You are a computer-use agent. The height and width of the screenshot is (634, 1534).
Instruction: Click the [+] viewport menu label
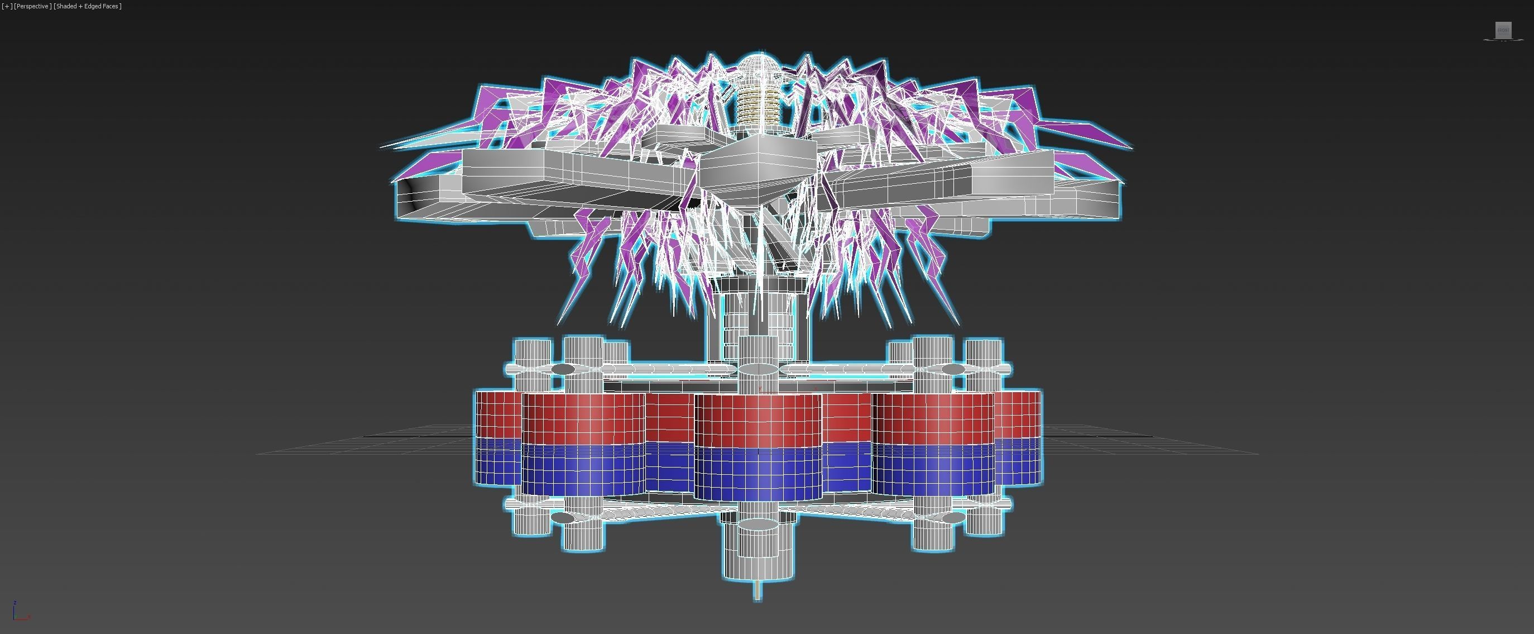pyautogui.click(x=7, y=6)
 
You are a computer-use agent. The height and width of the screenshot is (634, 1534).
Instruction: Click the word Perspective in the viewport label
pyautogui.click(x=32, y=6)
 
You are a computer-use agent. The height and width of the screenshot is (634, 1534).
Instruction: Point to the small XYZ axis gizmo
pyautogui.click(x=18, y=613)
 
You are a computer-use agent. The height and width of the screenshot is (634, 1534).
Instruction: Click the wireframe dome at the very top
pyautogui.click(x=758, y=66)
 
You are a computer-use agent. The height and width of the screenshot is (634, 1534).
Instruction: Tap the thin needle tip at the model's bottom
pyautogui.click(x=758, y=593)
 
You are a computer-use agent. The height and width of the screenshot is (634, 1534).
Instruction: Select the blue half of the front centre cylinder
pyautogui.click(x=758, y=474)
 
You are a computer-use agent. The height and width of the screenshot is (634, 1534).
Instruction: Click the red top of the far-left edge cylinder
pyautogui.click(x=497, y=414)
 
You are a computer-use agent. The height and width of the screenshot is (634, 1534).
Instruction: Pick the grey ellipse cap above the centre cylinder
pyautogui.click(x=758, y=370)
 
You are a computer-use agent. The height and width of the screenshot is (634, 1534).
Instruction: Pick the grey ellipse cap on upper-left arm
pyautogui.click(x=563, y=369)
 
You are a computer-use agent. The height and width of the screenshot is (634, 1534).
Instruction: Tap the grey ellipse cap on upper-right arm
pyautogui.click(x=953, y=369)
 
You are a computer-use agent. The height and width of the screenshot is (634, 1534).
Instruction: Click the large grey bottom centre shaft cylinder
pyautogui.click(x=758, y=551)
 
